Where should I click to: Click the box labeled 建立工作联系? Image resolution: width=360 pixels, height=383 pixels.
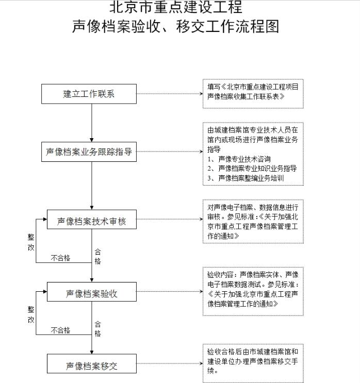click(x=89, y=94)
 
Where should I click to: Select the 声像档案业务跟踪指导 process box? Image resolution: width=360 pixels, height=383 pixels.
click(x=89, y=152)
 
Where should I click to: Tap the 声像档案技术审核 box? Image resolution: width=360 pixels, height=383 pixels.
click(x=92, y=220)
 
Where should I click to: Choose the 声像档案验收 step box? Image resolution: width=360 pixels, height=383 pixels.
click(x=92, y=292)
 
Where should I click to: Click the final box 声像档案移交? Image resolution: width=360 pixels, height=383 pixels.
click(x=92, y=364)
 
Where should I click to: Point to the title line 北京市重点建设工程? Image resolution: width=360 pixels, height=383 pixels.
click(x=176, y=7)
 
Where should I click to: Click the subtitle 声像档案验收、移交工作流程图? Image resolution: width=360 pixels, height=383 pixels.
click(x=176, y=26)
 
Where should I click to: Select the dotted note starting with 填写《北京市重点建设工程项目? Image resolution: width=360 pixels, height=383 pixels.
click(x=253, y=93)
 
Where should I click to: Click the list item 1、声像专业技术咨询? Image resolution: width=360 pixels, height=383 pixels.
click(x=239, y=159)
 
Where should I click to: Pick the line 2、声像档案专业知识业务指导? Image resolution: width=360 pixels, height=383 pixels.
click(x=252, y=168)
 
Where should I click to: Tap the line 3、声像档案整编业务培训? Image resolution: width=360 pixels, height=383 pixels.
click(x=246, y=178)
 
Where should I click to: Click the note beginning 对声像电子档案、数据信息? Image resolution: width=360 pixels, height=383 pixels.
click(x=253, y=222)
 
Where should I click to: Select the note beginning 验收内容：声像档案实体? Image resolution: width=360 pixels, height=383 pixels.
click(x=253, y=291)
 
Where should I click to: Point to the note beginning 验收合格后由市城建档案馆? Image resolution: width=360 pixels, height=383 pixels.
click(x=253, y=363)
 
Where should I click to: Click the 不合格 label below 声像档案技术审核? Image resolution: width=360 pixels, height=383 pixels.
click(x=60, y=258)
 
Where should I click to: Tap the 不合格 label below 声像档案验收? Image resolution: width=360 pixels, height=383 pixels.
click(x=60, y=330)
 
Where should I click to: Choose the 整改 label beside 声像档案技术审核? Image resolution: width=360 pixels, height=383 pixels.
click(x=31, y=242)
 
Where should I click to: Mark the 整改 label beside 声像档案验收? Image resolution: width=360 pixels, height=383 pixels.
click(x=31, y=314)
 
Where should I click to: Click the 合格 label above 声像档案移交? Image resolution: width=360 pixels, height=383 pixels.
click(x=98, y=329)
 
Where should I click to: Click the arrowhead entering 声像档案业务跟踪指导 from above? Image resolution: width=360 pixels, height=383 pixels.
click(x=92, y=140)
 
